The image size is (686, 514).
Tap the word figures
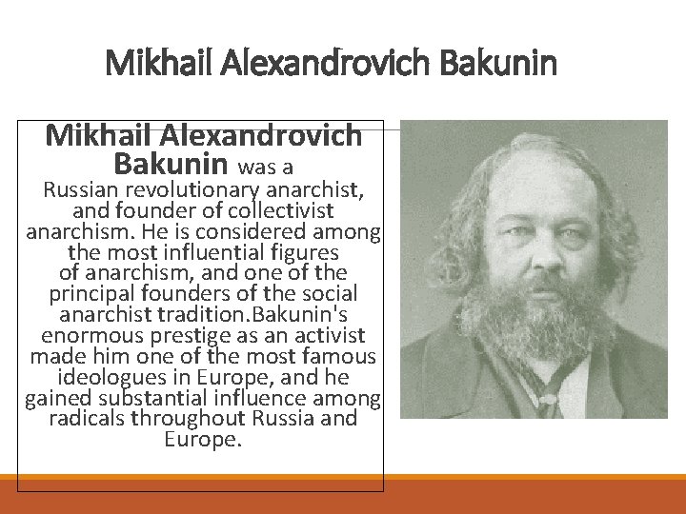point(305,252)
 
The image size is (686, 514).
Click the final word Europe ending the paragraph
point(203,440)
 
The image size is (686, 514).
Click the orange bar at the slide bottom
point(343,495)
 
